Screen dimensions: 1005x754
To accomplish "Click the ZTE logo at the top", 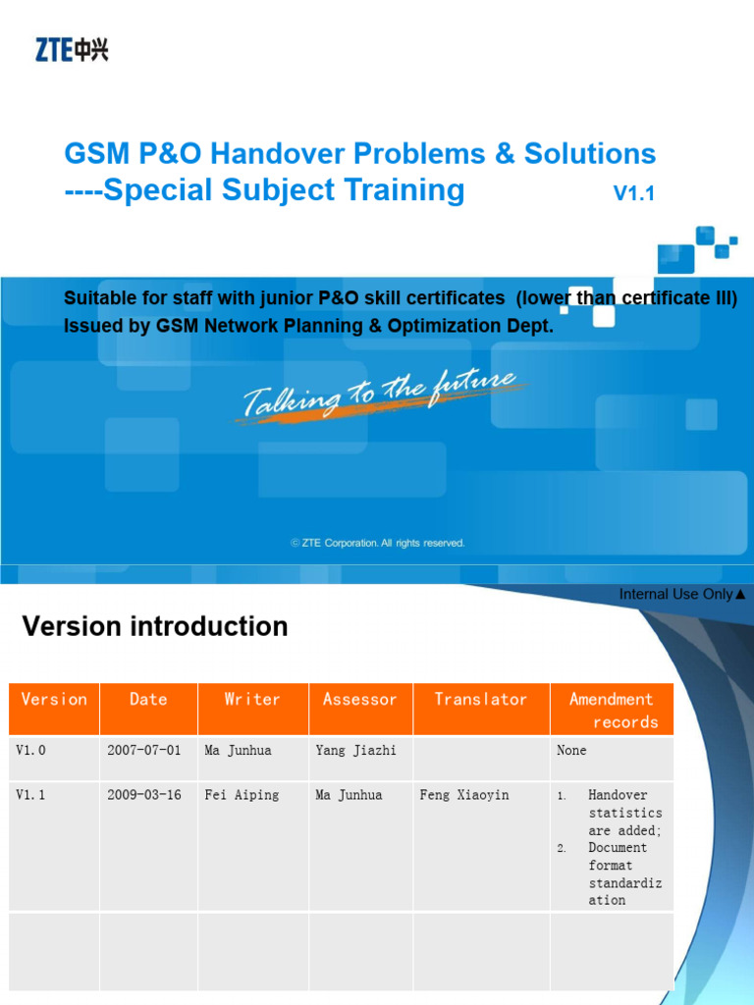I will point(73,48).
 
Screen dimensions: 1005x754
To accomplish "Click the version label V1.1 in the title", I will point(633,194).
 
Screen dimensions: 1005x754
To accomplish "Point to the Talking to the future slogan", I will point(378,395).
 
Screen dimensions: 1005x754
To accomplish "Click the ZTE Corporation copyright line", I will point(378,543).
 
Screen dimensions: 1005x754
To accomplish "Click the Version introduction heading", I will point(155,626).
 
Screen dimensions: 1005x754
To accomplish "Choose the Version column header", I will point(54,700).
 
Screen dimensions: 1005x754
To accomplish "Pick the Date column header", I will point(148,700).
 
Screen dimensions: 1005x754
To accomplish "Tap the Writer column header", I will point(252,700).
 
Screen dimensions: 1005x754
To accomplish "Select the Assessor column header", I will point(360,700).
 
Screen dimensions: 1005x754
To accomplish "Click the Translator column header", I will point(481,700).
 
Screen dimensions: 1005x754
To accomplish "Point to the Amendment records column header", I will point(612,711).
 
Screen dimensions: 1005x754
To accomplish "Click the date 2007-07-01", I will point(144,751).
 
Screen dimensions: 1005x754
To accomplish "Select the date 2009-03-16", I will point(144,795).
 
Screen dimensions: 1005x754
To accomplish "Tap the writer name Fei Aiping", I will point(241,795).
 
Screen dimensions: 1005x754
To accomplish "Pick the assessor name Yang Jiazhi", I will point(356,751).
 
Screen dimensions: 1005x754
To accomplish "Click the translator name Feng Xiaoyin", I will point(464,795).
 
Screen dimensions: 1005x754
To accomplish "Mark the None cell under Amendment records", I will point(571,751).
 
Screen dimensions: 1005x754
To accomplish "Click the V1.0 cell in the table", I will point(31,751).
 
